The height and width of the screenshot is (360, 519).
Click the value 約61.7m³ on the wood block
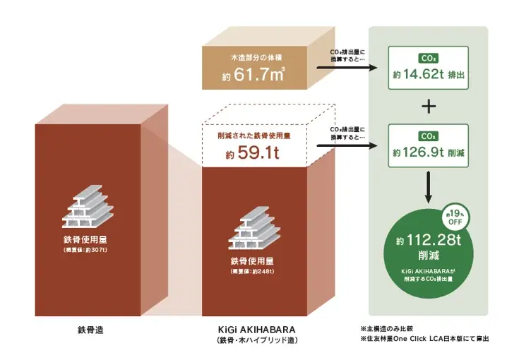pyautogui.click(x=253, y=75)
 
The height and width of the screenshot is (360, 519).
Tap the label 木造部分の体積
pyautogui.click(x=256, y=58)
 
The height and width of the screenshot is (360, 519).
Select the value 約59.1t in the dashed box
pyautogui.click(x=252, y=153)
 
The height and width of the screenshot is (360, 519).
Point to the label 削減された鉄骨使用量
pyautogui.click(x=254, y=136)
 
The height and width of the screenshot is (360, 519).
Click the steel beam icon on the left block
pyautogui.click(x=88, y=206)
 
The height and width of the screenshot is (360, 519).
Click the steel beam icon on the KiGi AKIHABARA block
pyautogui.click(x=254, y=227)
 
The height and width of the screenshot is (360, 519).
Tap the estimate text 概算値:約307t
pyautogui.click(x=85, y=250)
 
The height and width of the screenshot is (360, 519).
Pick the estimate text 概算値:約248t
pyautogui.click(x=252, y=272)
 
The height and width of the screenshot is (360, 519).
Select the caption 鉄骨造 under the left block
pyautogui.click(x=90, y=330)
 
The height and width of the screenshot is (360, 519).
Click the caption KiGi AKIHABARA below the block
pyautogui.click(x=256, y=330)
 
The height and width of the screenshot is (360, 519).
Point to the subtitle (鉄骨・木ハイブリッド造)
pyautogui.click(x=256, y=340)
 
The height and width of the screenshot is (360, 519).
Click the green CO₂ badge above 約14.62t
pyautogui.click(x=429, y=58)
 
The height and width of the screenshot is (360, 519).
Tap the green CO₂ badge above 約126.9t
pyautogui.click(x=429, y=136)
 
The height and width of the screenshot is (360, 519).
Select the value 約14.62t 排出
pyautogui.click(x=429, y=75)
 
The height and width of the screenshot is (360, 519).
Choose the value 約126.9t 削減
pyautogui.click(x=429, y=152)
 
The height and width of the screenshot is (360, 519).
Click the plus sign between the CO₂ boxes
pyautogui.click(x=429, y=107)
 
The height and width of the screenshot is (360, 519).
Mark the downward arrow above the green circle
pyautogui.click(x=429, y=187)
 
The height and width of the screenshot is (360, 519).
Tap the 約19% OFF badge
pyautogui.click(x=455, y=217)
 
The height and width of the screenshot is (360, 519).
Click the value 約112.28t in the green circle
pyautogui.click(x=429, y=240)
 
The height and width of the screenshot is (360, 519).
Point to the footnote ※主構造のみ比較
pyautogui.click(x=387, y=329)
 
